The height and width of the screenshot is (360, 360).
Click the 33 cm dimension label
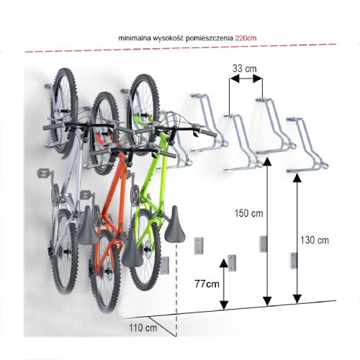click(244, 68)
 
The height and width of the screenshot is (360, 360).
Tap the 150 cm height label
click(248, 213)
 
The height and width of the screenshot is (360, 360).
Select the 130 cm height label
click(315, 240)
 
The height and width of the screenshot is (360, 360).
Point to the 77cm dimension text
click(207, 284)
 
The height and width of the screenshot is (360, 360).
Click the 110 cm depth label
click(143, 328)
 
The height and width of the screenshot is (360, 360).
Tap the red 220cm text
click(246, 38)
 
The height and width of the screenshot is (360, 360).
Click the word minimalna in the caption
click(135, 38)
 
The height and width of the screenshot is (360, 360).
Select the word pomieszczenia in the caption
click(209, 38)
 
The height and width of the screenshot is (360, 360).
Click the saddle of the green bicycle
click(175, 225)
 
